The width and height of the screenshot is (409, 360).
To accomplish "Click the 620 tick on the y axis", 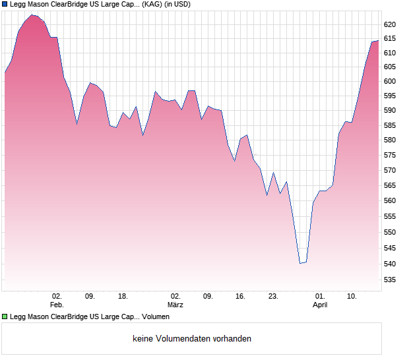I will [389, 24].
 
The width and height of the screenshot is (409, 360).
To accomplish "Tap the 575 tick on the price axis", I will [389, 156].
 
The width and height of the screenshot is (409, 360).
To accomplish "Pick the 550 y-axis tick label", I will [389, 233].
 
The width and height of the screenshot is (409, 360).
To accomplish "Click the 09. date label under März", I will [208, 297].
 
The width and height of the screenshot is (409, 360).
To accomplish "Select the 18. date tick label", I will [123, 297].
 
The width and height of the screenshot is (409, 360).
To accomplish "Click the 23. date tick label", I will [273, 297].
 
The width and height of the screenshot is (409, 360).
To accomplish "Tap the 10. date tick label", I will [352, 297].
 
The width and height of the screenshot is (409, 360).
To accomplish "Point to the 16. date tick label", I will [240, 297].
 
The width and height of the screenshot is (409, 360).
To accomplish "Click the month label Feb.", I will [57, 305].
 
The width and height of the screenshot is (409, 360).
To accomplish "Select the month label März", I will [175, 305].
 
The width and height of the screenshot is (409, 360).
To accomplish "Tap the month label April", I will [320, 305].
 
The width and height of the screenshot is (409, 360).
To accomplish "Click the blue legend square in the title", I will [5, 5].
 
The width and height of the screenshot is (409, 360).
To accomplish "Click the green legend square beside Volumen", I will [5, 317].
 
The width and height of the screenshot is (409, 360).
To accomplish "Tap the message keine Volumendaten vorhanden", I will [192, 339].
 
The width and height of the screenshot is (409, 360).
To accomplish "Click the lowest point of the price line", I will [300, 263].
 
